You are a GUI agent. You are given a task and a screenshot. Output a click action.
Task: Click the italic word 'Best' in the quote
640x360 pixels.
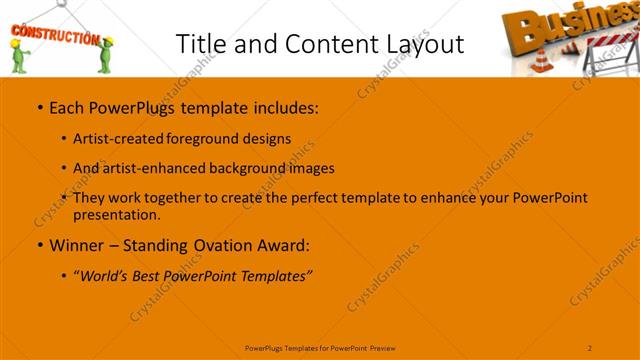point(148,275)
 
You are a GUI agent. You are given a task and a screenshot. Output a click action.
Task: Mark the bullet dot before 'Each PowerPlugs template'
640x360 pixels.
point(38,106)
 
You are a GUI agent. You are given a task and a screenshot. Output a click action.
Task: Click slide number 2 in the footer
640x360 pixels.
point(590,347)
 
